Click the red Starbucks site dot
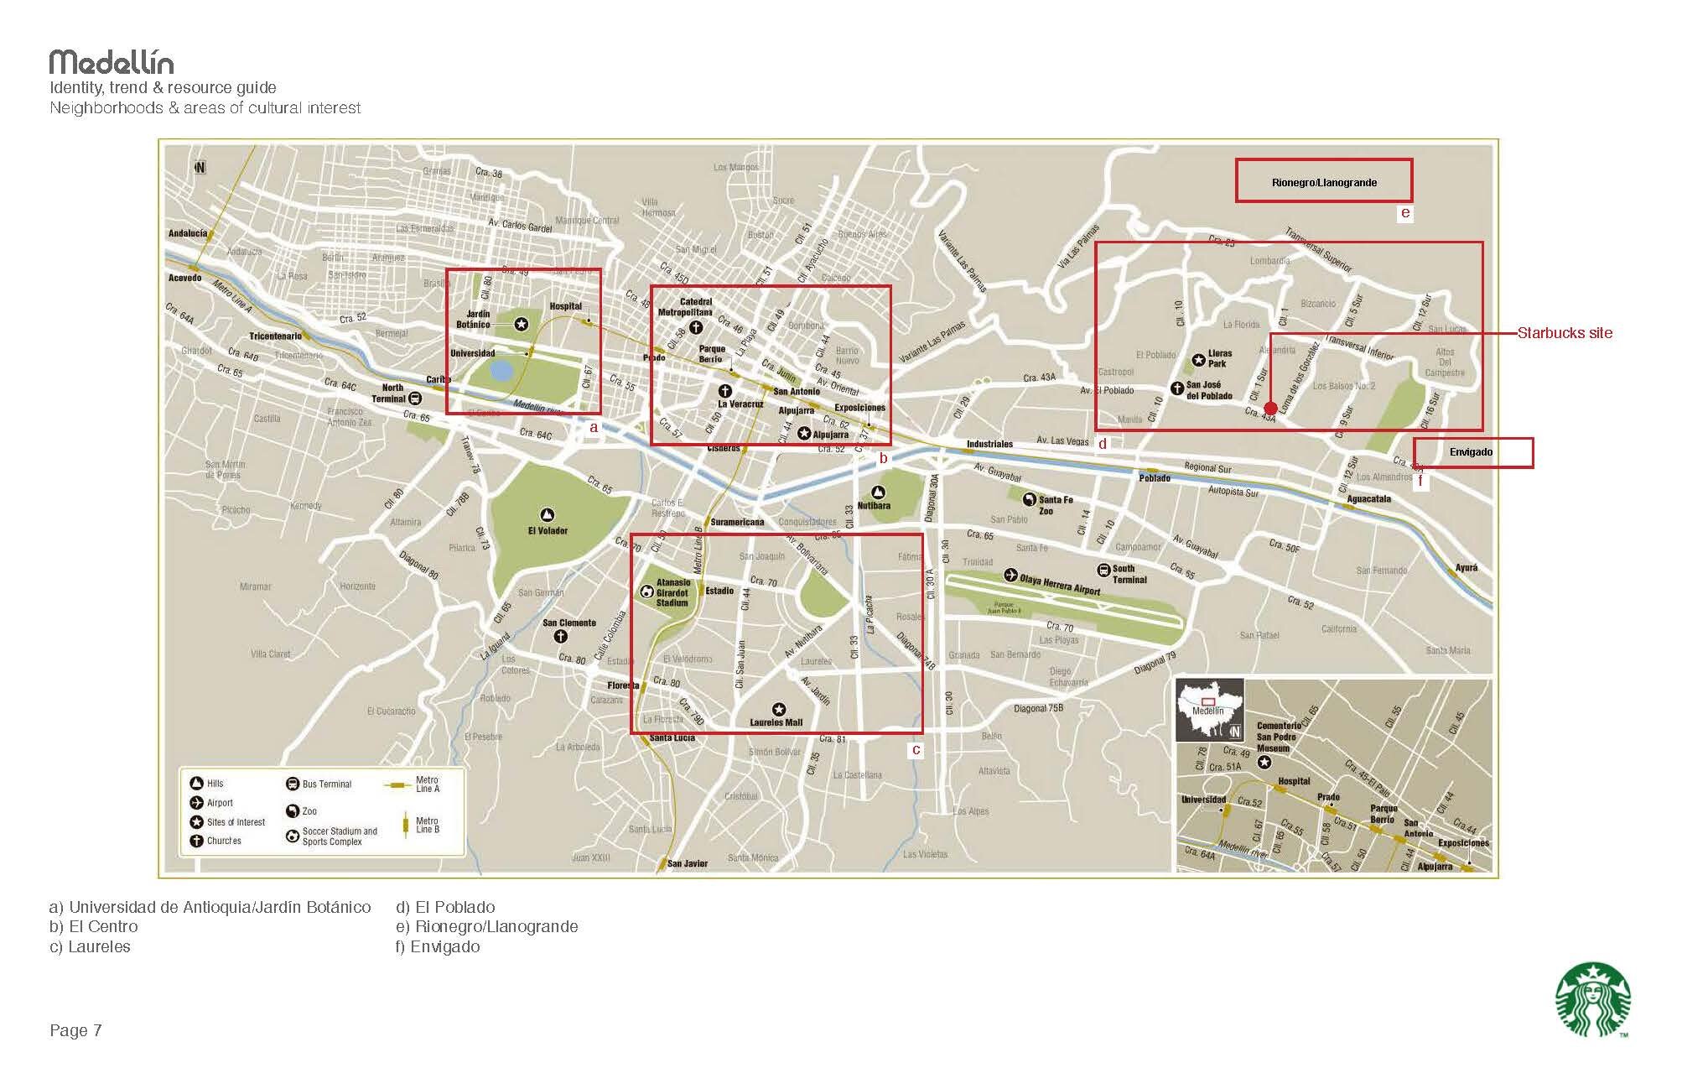1269,408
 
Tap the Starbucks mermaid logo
1592,999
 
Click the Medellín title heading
112,62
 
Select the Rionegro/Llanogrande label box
1323,181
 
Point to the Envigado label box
1472,452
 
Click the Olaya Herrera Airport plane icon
1010,576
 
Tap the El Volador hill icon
548,515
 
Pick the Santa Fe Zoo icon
1029,499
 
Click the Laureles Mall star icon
778,709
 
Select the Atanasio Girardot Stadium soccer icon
646,591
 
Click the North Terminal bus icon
414,398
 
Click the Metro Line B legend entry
419,825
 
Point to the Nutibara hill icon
878,492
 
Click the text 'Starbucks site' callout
1565,333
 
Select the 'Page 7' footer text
75,1030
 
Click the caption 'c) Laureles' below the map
90,946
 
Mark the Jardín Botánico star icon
521,324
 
